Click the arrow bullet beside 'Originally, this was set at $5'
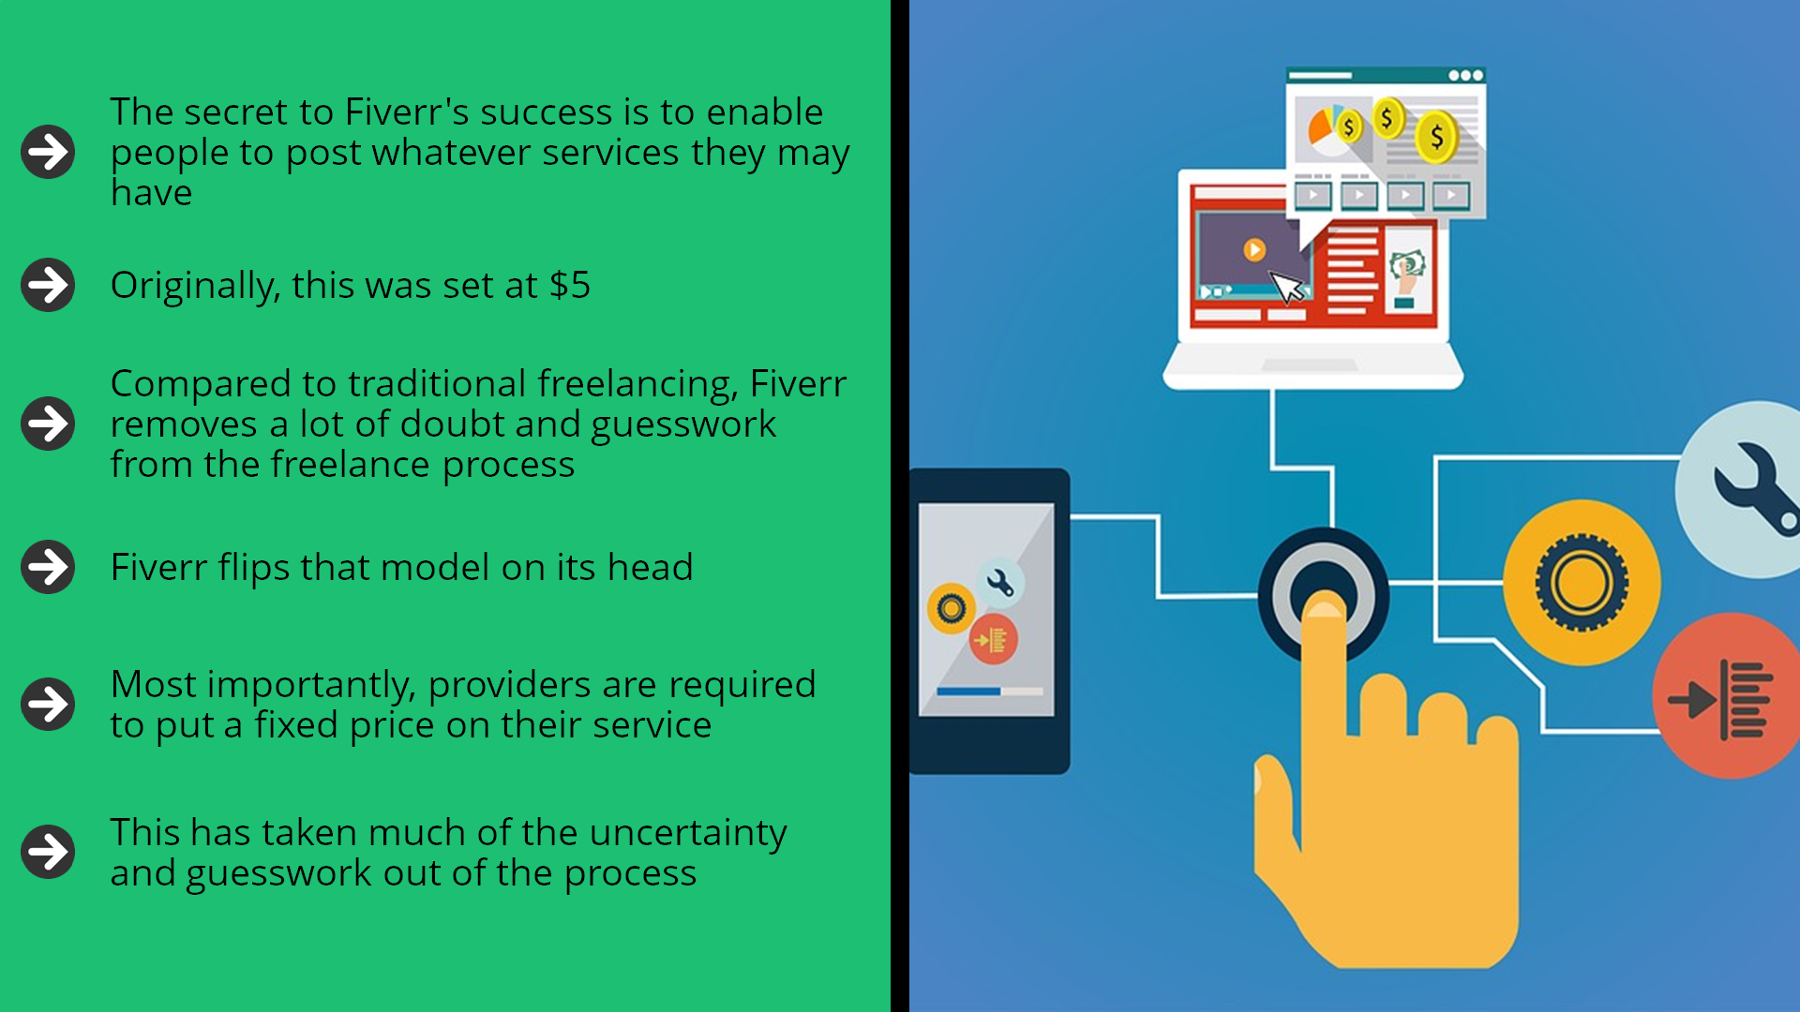48,285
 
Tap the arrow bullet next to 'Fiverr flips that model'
48,567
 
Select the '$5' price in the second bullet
570,285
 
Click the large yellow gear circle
1582,583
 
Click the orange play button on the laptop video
1254,249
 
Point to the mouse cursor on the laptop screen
1287,287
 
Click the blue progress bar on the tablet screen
968,692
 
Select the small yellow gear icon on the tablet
951,609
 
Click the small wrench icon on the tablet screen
1000,584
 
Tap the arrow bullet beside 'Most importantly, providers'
48,704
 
